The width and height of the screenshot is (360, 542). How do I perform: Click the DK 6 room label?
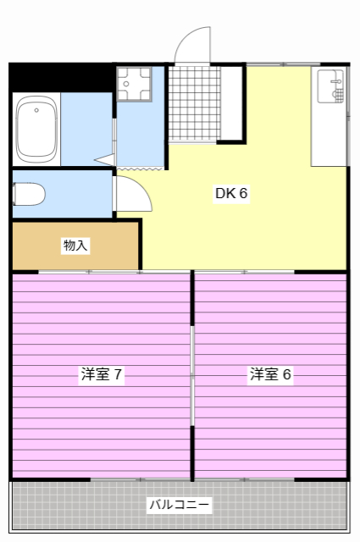(x=231, y=193)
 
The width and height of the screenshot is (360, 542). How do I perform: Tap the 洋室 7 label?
(x=101, y=374)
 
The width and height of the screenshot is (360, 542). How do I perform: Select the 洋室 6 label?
(x=270, y=374)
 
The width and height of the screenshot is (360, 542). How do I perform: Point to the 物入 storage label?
(x=75, y=246)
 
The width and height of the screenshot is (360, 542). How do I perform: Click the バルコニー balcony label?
(x=179, y=505)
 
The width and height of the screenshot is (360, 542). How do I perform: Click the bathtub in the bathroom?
(x=36, y=129)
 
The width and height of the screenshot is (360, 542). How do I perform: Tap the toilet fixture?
(x=29, y=194)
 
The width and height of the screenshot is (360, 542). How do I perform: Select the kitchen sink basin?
(x=331, y=86)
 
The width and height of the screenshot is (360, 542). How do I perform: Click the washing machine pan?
(x=134, y=84)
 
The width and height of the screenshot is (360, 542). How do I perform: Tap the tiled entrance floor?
(x=194, y=103)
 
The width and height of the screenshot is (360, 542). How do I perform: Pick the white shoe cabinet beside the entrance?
(x=231, y=103)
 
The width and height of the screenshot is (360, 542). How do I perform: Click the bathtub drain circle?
(x=36, y=110)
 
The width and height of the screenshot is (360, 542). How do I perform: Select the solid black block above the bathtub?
(x=62, y=77)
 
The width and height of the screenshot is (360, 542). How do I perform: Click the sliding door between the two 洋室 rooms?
(x=192, y=375)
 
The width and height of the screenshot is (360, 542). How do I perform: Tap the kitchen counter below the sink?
(x=329, y=135)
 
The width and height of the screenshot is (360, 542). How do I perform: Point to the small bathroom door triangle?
(x=105, y=159)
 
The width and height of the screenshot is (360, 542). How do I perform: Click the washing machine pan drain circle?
(x=126, y=84)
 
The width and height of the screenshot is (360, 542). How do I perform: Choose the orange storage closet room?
(x=75, y=246)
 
